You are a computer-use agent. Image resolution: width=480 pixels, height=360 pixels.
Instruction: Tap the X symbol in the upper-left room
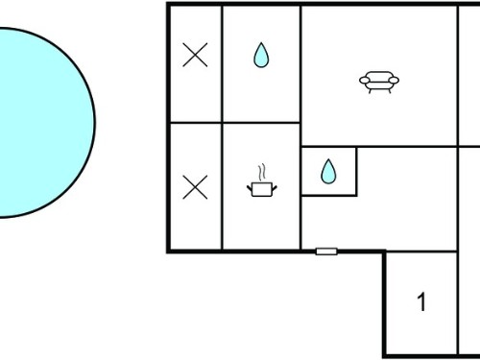click(x=195, y=55)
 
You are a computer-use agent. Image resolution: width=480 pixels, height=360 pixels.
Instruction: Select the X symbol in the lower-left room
click(x=195, y=187)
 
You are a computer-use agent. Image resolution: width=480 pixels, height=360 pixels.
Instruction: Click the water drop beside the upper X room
click(x=261, y=56)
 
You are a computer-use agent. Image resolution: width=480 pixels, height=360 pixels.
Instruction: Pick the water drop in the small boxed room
click(x=328, y=172)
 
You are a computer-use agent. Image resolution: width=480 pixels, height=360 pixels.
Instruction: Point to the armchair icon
click(x=379, y=82)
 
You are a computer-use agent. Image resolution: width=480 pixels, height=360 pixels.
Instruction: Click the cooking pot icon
click(x=262, y=189)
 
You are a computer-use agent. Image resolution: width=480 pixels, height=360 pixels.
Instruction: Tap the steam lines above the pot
click(x=262, y=173)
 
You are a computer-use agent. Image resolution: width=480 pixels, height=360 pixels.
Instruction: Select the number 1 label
click(x=421, y=301)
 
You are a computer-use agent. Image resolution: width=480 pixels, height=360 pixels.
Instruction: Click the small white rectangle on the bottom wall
click(x=326, y=252)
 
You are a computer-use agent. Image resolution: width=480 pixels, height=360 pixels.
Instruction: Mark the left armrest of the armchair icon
click(x=365, y=80)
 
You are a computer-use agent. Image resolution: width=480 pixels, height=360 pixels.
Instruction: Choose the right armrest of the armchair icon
click(x=394, y=80)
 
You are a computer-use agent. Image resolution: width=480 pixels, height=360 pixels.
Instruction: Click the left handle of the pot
click(x=250, y=188)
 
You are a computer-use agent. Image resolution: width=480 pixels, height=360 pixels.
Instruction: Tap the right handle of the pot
click(x=275, y=188)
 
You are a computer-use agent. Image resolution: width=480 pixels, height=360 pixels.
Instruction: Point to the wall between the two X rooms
click(x=196, y=123)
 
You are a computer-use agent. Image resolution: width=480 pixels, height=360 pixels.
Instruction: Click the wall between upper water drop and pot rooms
click(x=261, y=123)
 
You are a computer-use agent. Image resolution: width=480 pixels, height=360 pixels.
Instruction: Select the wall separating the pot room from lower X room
click(x=222, y=186)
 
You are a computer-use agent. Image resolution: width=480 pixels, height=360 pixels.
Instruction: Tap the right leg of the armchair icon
click(x=390, y=90)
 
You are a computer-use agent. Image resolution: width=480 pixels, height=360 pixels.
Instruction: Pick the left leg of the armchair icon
click(x=370, y=90)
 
